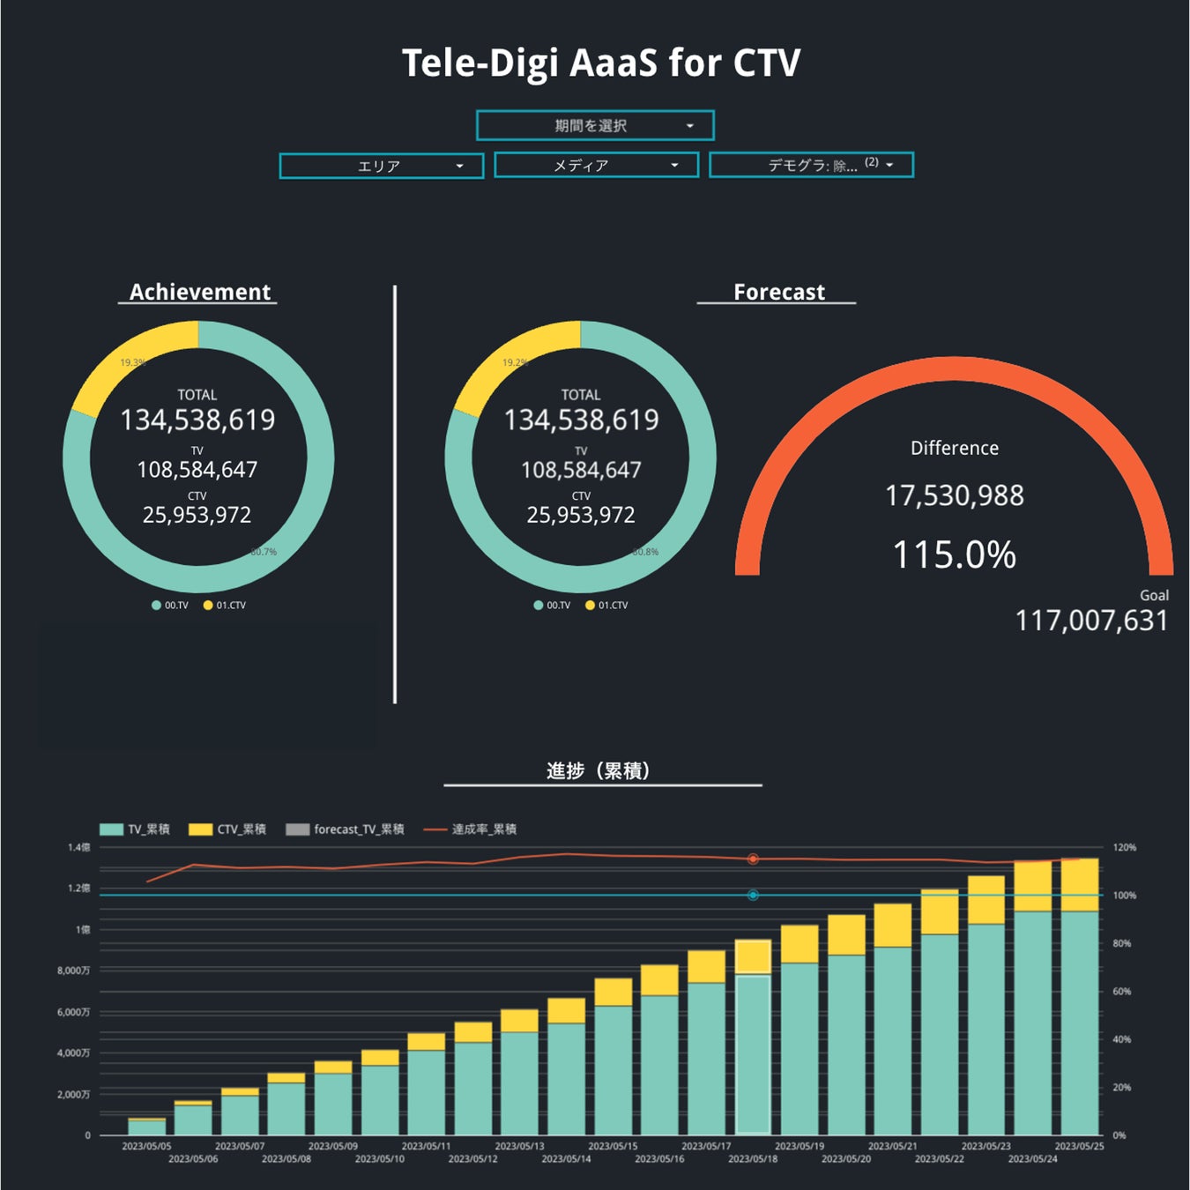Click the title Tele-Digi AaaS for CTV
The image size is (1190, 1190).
[x=601, y=63]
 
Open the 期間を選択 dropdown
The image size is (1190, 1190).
[x=595, y=126]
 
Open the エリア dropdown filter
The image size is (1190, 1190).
[x=381, y=166]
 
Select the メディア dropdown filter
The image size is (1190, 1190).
[x=596, y=165]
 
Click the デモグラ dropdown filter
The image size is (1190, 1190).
[x=811, y=165]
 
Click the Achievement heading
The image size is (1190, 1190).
[x=199, y=292]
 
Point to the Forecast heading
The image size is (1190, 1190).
[x=778, y=292]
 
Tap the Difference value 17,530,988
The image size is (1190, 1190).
[x=954, y=495]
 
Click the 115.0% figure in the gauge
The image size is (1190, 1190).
[x=954, y=555]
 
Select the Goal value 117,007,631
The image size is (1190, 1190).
[x=1091, y=621]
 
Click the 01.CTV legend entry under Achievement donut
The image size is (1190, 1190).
[x=226, y=606]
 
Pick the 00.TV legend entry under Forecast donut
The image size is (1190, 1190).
[x=553, y=606]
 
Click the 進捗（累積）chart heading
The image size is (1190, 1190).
[x=599, y=771]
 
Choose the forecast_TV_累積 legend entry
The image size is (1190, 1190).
[x=346, y=829]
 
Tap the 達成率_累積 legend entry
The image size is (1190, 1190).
[x=472, y=829]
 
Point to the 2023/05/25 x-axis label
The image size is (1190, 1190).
[x=1079, y=1146]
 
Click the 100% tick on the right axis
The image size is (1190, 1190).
[x=1124, y=896]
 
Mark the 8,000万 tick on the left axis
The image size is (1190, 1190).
[x=74, y=971]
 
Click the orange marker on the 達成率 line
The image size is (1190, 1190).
[x=753, y=859]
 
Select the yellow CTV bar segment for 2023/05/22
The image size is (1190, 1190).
[x=940, y=911]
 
